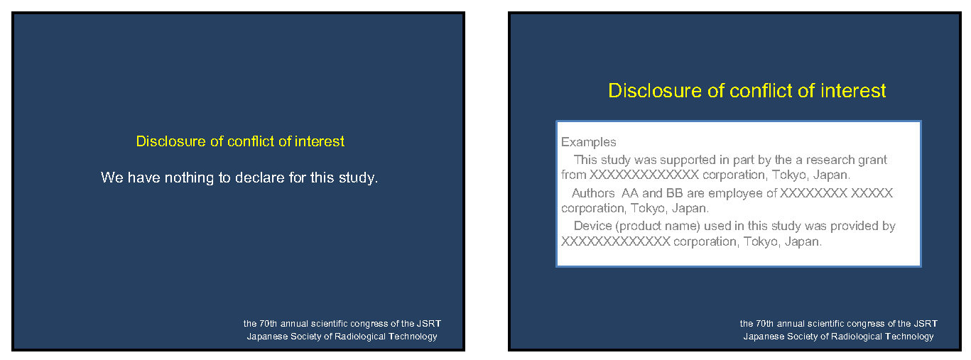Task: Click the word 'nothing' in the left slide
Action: (189, 178)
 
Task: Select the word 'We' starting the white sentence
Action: (112, 178)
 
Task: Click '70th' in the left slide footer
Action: (268, 324)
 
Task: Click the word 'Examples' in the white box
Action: (589, 142)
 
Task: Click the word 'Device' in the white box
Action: (592, 226)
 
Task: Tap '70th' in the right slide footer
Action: (764, 324)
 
